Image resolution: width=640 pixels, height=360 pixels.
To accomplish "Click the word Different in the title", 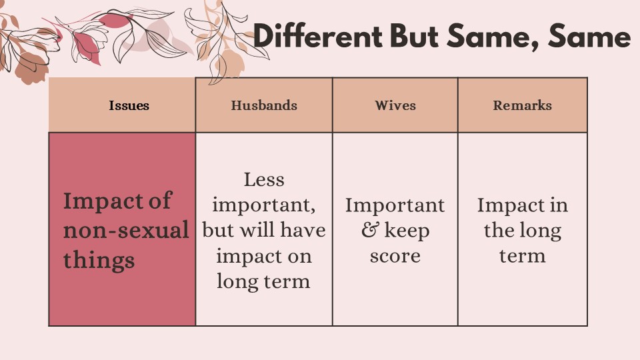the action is click(317, 35).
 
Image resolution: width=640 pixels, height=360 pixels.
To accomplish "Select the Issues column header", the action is click(129, 105).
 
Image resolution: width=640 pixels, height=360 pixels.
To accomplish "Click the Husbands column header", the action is click(264, 105).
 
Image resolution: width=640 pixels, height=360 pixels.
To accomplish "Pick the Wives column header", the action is click(395, 105).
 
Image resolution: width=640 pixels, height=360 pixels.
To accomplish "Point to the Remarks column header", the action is click(523, 105).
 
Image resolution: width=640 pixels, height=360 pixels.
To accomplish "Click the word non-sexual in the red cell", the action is click(126, 230).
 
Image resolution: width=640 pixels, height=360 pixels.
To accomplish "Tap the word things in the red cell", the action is click(99, 261).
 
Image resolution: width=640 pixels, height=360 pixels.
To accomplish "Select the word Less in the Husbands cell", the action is click(264, 179).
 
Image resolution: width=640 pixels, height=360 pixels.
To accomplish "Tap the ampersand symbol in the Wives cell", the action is click(370, 230).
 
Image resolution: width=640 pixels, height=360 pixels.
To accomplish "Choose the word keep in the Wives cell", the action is click(407, 231).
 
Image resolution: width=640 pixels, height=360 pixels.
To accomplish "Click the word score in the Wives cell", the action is click(395, 256).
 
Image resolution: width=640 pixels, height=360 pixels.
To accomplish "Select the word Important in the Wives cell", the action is click(395, 206).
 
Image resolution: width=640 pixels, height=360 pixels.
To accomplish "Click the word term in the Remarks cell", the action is click(523, 256).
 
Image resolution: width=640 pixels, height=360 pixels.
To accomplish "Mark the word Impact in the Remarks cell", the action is click(511, 206).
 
